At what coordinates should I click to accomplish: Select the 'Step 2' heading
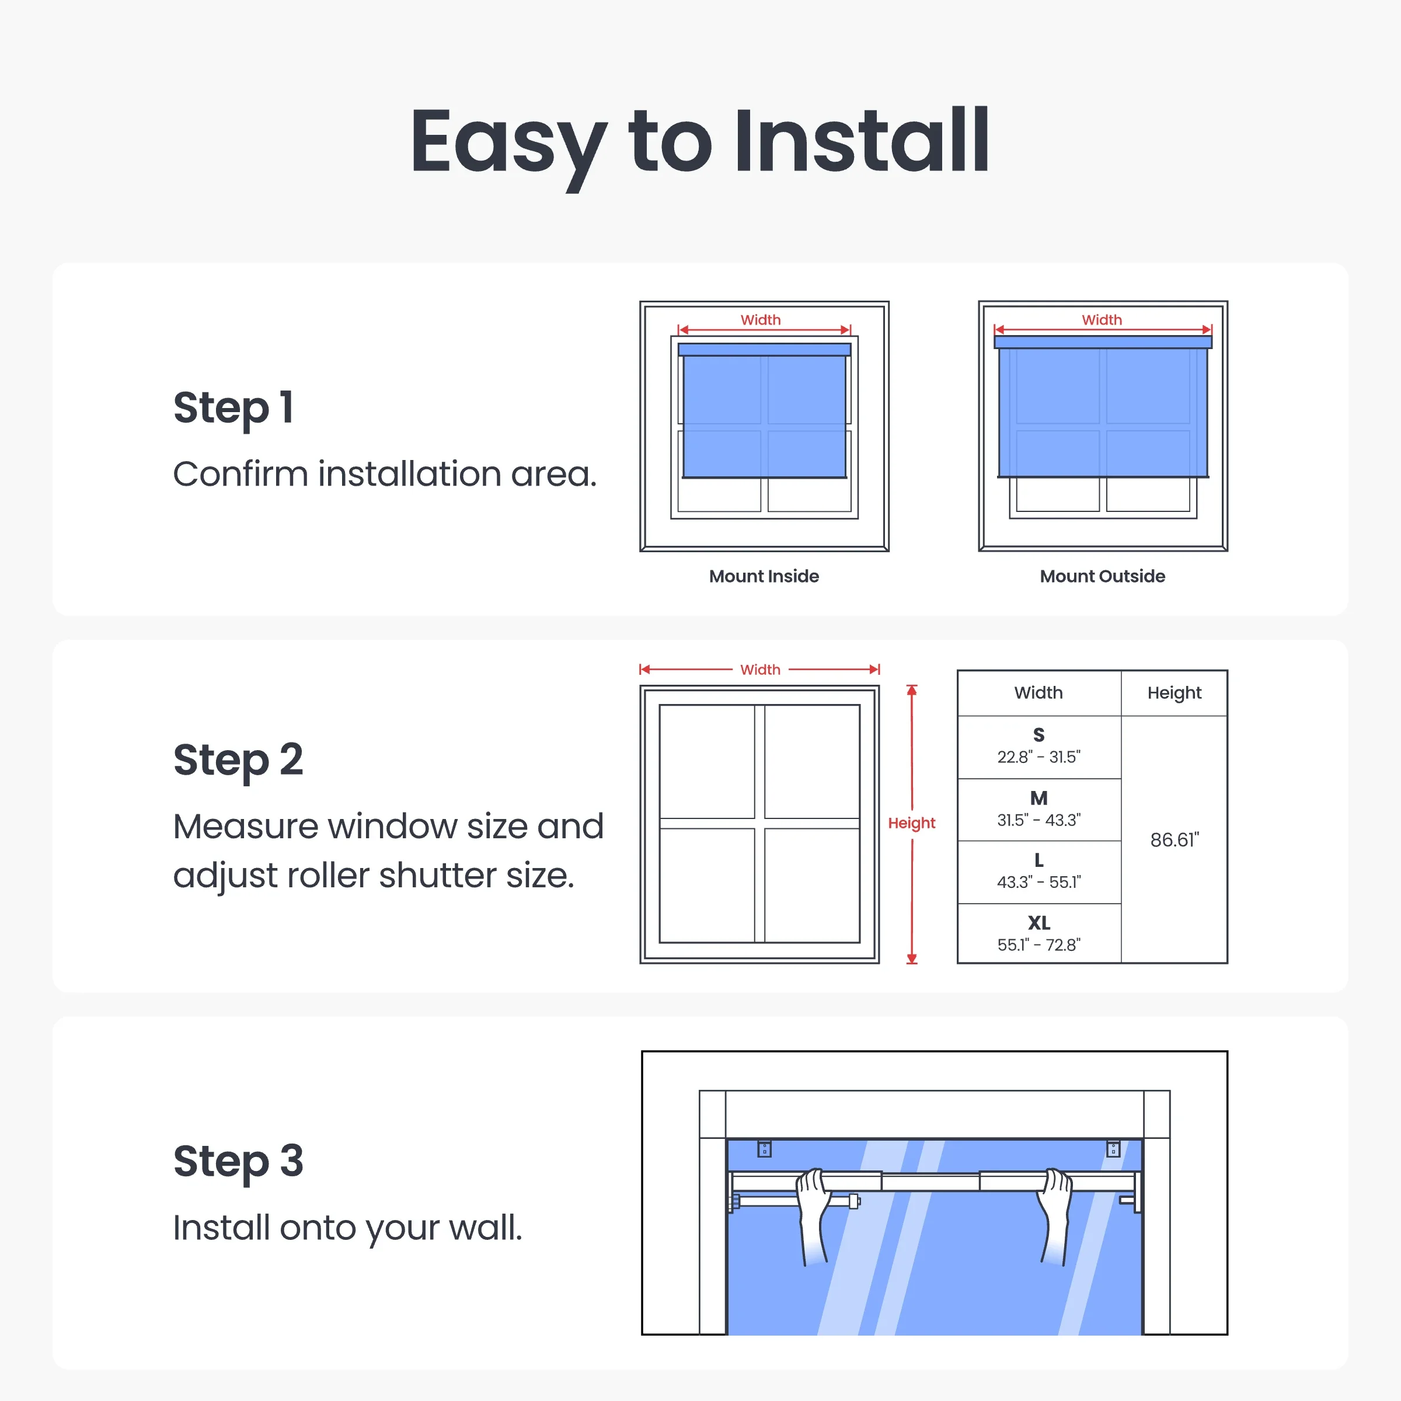point(238,761)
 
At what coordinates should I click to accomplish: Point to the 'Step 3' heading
point(238,1162)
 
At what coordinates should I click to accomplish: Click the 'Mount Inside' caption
point(764,577)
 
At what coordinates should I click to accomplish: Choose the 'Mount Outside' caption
point(1102,577)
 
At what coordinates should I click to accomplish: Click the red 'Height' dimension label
point(911,823)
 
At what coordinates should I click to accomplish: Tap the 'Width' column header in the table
point(1038,692)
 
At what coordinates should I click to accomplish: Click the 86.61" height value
point(1175,840)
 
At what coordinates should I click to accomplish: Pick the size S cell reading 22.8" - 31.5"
point(1038,747)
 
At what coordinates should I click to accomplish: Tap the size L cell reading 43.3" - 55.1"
point(1038,872)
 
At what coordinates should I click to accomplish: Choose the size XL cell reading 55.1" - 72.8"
point(1038,934)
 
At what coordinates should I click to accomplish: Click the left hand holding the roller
point(814,1215)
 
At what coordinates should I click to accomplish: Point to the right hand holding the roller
point(1054,1215)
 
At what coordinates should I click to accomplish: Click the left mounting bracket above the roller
point(764,1149)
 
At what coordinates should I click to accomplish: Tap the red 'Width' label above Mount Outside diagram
point(1102,320)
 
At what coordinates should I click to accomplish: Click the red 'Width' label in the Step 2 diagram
point(760,670)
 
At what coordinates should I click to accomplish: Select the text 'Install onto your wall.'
point(347,1228)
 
